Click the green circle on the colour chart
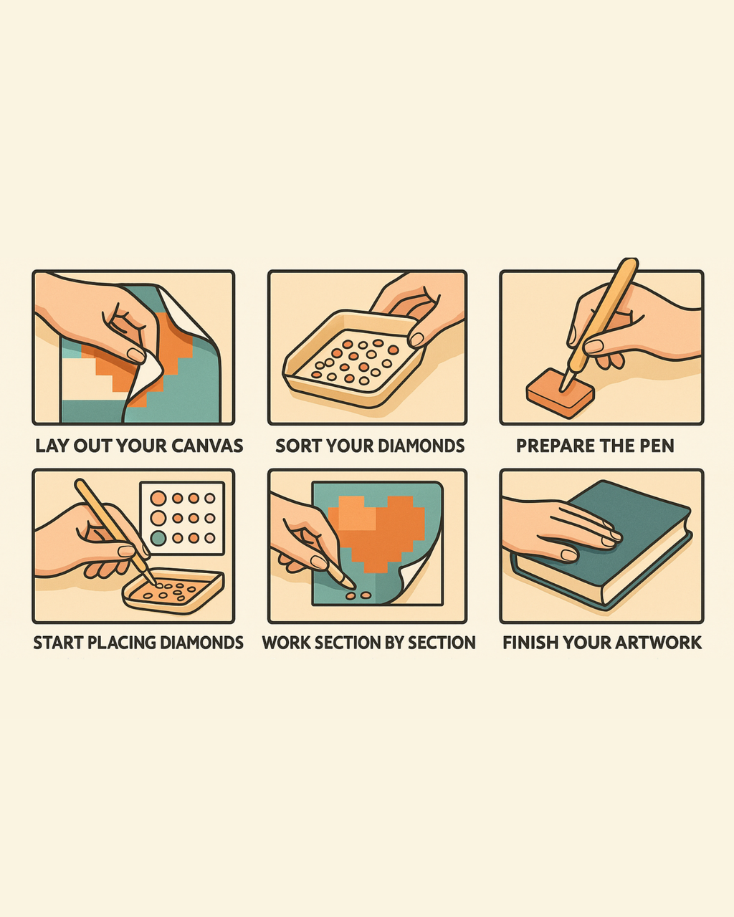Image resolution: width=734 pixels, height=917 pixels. pos(158,539)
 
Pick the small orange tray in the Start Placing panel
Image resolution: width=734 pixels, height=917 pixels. pos(173,590)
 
